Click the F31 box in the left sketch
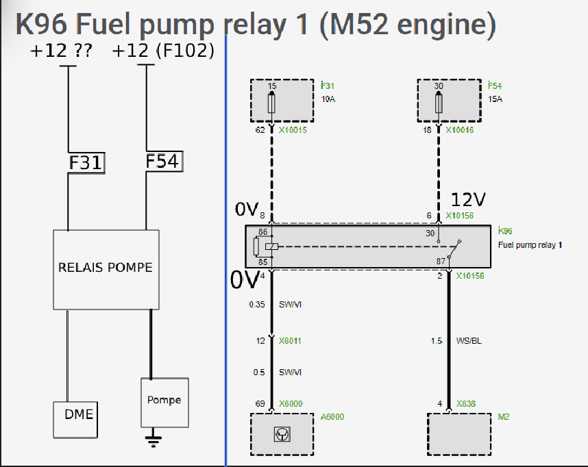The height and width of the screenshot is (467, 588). pos(86,163)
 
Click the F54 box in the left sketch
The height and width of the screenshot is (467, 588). pos(162,161)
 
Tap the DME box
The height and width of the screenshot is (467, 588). pos(78,414)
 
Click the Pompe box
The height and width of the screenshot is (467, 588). pos(164,400)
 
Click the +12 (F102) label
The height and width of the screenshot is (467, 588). pos(163,51)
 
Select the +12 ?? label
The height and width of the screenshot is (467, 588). pos(62,51)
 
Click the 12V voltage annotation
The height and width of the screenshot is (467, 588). pos(468,199)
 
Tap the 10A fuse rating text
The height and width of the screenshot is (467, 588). pos(328,99)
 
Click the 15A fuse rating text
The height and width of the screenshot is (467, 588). pos(495,99)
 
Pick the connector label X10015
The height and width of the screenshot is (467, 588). pos(293,129)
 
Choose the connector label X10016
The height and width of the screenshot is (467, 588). pos(460,129)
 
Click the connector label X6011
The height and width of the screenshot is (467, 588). pos(290,340)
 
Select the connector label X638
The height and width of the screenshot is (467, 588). pos(467,404)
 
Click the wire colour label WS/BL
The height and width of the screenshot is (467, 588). pos(469,340)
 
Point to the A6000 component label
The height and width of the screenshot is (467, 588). pos(332,416)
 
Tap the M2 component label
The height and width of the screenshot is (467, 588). pos(504,416)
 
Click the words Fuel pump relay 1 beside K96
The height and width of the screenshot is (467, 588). pos(530,244)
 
